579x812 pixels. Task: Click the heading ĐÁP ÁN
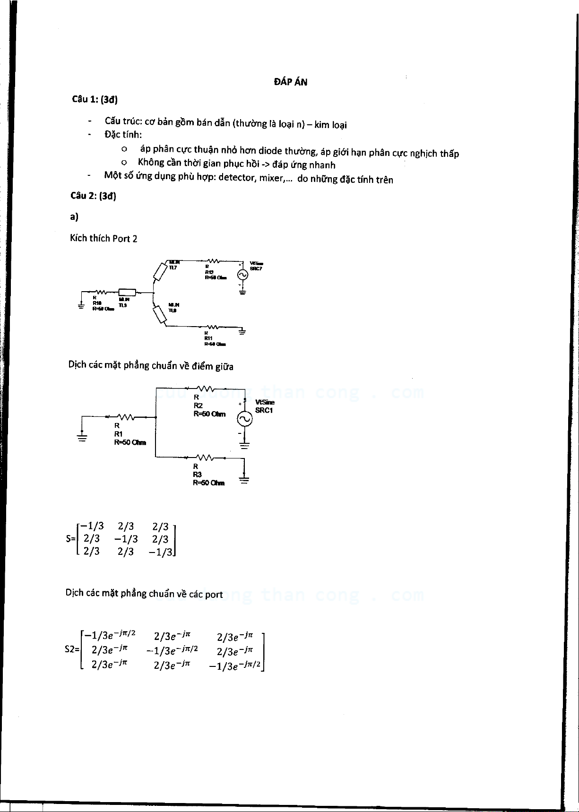point(290,82)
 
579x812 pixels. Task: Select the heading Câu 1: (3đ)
point(95,99)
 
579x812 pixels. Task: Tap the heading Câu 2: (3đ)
point(93,196)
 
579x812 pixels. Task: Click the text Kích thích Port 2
point(104,238)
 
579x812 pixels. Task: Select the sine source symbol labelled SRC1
point(244,419)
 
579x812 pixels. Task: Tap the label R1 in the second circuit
point(118,434)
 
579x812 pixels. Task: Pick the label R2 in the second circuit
point(198,406)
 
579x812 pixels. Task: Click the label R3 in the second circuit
point(197,475)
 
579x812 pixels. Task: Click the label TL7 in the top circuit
point(173,268)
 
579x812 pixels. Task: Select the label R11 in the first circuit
point(208,338)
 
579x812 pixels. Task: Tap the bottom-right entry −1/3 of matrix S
point(161,552)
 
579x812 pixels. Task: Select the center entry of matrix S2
point(172,651)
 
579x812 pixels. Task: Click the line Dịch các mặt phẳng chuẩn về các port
point(144,594)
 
